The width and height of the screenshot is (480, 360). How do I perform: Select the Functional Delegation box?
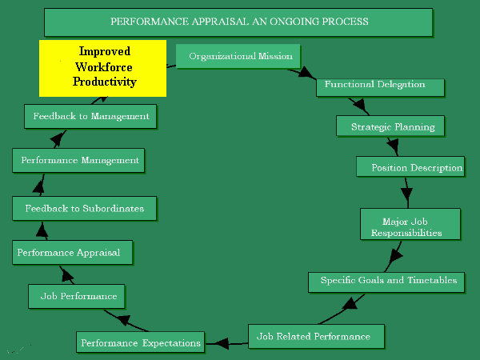coord(374,85)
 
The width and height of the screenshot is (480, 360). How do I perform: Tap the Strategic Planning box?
coord(392,126)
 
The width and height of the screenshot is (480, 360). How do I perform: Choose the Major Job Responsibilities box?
coord(410,223)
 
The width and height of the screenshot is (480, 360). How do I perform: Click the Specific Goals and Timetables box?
coord(387,281)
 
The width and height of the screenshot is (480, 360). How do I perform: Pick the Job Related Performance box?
coord(316,335)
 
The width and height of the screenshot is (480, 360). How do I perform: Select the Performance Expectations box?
coord(140,342)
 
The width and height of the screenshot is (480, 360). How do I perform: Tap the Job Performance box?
coord(78,296)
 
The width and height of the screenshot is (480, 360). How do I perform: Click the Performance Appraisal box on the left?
coord(72,253)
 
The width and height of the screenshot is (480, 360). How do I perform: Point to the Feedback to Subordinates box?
coord(84,208)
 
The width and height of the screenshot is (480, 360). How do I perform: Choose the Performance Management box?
coord(79,161)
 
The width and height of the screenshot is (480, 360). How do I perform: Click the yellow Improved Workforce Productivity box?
coord(103,68)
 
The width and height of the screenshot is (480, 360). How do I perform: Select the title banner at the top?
coord(238,22)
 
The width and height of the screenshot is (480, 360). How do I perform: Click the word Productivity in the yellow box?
coord(105,82)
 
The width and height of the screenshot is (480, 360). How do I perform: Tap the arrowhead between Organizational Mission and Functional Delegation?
coord(307,73)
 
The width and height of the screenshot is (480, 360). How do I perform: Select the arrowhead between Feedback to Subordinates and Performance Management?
coord(37,186)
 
